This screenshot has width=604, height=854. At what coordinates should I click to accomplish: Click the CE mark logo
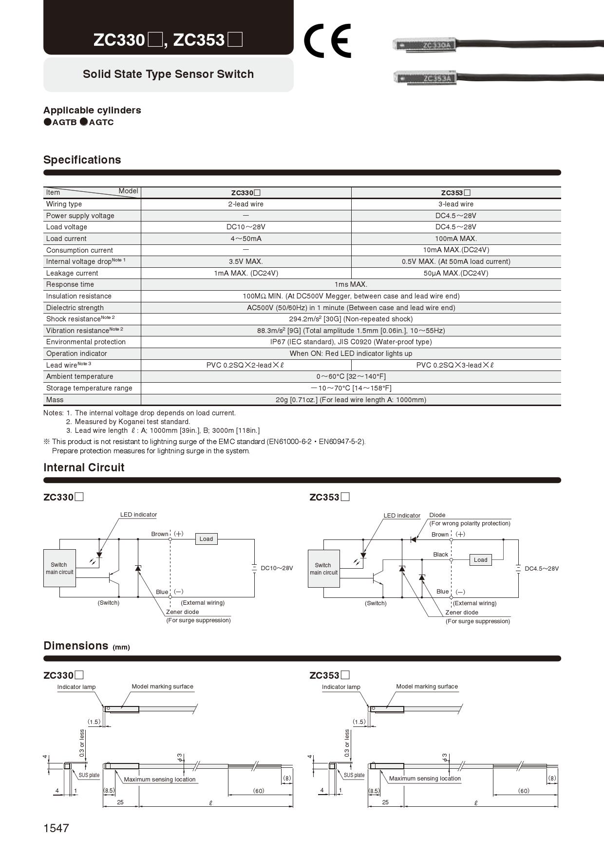(327, 40)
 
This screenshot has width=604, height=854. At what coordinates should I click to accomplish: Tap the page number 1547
(56, 828)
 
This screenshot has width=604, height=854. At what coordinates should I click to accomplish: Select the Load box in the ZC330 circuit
(206, 539)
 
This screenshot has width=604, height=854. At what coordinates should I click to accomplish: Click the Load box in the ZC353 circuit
(480, 560)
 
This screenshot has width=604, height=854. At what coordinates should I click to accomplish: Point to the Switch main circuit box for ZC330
(59, 568)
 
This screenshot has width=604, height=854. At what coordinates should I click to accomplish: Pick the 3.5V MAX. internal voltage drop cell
(245, 261)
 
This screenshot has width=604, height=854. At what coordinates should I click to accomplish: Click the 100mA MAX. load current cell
(455, 239)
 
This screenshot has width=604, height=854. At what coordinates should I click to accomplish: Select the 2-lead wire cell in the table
(245, 204)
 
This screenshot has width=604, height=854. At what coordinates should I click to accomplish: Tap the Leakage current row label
(72, 273)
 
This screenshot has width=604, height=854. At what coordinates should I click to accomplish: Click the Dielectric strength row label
(75, 308)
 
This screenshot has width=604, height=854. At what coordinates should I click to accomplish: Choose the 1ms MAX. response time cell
(351, 284)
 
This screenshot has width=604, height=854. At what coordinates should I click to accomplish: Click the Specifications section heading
(82, 160)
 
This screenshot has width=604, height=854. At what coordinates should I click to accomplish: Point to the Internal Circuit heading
(84, 467)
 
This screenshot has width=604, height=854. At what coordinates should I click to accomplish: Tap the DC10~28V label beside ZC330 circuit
(277, 568)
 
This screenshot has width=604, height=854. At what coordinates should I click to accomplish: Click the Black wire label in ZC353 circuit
(440, 555)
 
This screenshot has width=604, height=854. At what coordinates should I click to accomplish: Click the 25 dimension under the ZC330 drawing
(120, 802)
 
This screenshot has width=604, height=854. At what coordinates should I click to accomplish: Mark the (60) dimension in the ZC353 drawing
(523, 791)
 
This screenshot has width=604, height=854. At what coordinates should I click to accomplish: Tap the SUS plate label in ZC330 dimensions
(89, 775)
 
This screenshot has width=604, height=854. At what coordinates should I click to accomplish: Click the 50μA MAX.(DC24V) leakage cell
(455, 273)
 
